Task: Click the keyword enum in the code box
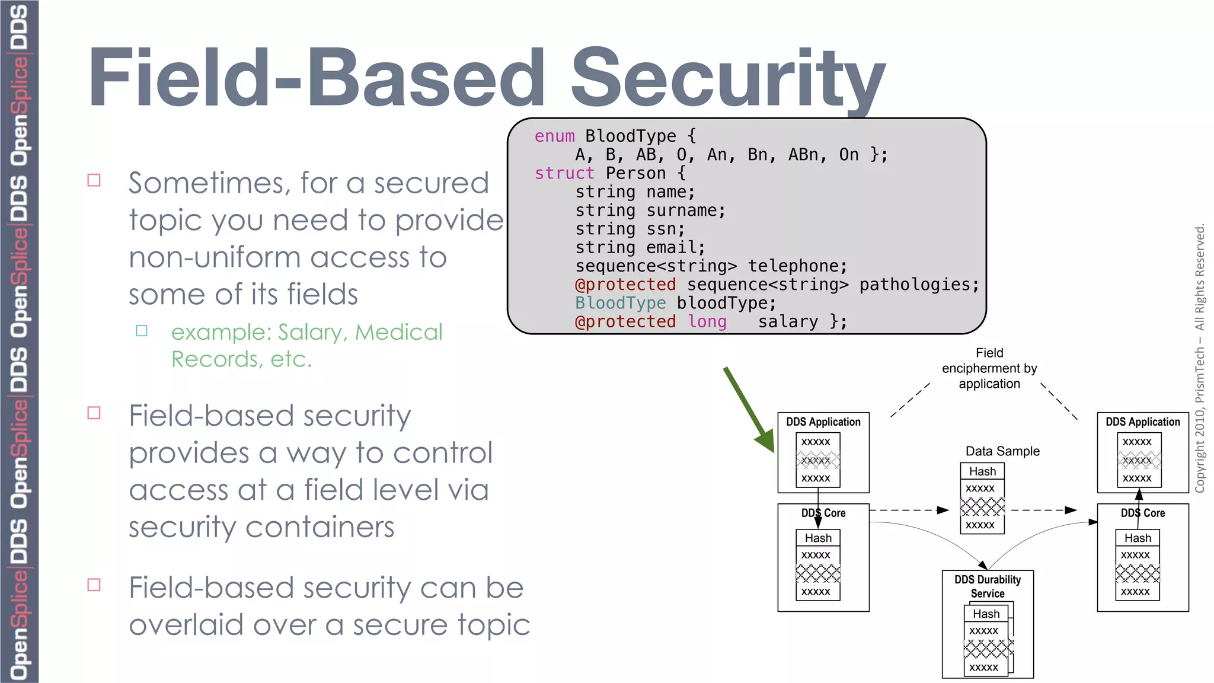pos(554,136)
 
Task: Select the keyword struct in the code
pos(564,173)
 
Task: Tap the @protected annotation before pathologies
pos(625,285)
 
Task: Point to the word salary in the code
pos(788,322)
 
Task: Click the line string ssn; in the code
pos(630,229)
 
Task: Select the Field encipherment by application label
pos(989,368)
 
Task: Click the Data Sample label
pos(1002,451)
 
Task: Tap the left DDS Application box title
pos(823,422)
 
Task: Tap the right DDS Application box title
pos(1142,422)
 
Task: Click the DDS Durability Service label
pos(988,586)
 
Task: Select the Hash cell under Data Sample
pos(982,471)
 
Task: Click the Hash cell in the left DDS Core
pos(818,538)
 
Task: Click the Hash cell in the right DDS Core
pos(1138,538)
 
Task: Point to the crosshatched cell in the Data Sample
pos(982,506)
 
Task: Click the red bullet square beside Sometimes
pos(94,180)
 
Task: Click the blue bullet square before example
pos(142,331)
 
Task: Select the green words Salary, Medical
pos(360,333)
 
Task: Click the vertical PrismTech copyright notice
pos(1200,358)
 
